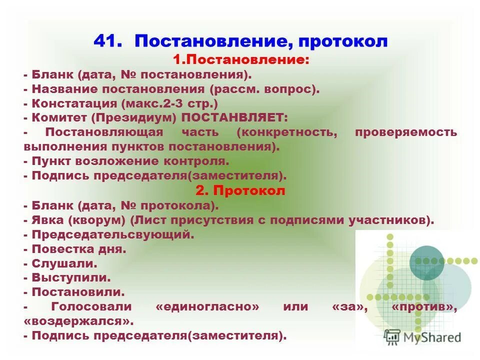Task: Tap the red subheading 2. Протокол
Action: pos(240,190)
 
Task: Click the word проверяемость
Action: pos(405,132)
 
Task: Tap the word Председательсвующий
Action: pos(112,234)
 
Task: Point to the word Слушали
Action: pos(64,263)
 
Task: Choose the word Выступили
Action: pos(71,277)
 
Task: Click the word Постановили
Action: pos(77,292)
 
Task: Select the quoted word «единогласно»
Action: pos(207,306)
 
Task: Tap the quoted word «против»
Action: pos(424,306)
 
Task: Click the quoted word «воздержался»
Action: pos(78,321)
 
